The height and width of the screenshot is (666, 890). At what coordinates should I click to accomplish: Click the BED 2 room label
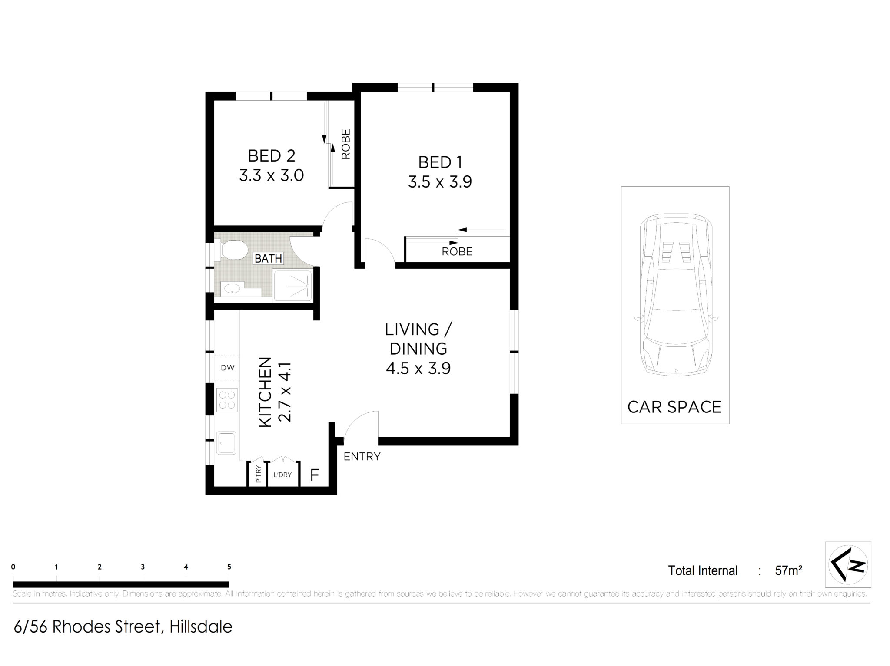click(272, 155)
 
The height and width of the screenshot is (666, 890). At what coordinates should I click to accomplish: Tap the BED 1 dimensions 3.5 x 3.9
click(440, 181)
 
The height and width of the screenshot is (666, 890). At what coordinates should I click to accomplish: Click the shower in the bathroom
click(292, 285)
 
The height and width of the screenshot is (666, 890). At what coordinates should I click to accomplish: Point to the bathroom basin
click(232, 289)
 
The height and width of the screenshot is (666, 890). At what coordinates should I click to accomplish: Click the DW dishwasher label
click(227, 368)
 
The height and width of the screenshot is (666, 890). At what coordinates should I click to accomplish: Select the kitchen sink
click(226, 442)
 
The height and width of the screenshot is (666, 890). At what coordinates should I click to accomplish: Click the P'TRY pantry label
click(259, 474)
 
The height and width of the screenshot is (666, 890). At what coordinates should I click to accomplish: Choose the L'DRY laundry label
click(282, 475)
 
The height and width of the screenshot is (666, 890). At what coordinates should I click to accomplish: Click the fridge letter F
click(315, 475)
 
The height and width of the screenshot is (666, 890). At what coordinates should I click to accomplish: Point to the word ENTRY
click(362, 456)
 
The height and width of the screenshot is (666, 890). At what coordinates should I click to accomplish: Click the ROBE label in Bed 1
click(457, 251)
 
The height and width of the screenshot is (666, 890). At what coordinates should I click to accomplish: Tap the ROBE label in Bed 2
click(346, 144)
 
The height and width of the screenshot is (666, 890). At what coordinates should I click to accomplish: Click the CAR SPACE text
click(674, 407)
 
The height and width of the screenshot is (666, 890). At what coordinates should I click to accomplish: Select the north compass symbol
click(848, 564)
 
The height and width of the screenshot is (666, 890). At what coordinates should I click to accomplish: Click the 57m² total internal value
click(788, 570)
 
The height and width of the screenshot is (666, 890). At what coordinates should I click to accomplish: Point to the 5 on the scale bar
click(229, 567)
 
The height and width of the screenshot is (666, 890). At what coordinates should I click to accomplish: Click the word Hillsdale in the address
click(201, 627)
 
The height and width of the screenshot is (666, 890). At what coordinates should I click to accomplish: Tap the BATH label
click(268, 258)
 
